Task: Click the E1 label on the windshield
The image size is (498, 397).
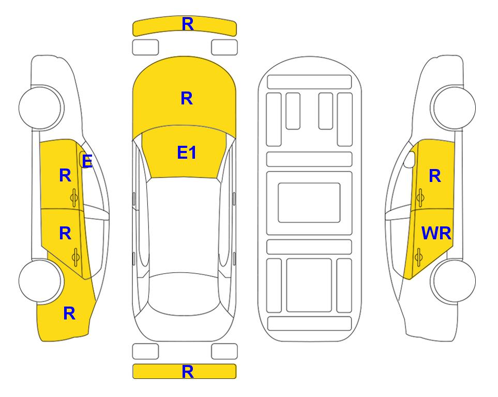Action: click(187, 152)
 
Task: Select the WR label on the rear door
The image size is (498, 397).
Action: click(436, 234)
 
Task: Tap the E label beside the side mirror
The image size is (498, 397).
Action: click(87, 161)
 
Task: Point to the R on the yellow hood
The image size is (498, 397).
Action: click(187, 98)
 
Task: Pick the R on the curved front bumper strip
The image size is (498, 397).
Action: click(188, 24)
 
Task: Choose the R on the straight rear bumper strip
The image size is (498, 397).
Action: click(188, 372)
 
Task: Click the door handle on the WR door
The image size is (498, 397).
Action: click(419, 257)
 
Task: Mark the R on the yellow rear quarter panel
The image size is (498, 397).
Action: click(69, 313)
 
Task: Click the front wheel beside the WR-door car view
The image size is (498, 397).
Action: click(453, 108)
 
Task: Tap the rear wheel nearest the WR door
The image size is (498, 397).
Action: click(453, 281)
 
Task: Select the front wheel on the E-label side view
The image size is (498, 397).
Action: click(41, 108)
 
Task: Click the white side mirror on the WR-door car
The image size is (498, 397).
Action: click(410, 159)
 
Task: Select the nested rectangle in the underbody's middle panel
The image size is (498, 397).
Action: click(309, 203)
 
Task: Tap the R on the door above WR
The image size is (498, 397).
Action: click(435, 176)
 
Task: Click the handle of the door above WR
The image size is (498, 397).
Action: click(420, 197)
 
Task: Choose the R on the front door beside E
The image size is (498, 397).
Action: click(65, 175)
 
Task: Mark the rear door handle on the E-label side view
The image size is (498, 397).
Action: click(76, 257)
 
